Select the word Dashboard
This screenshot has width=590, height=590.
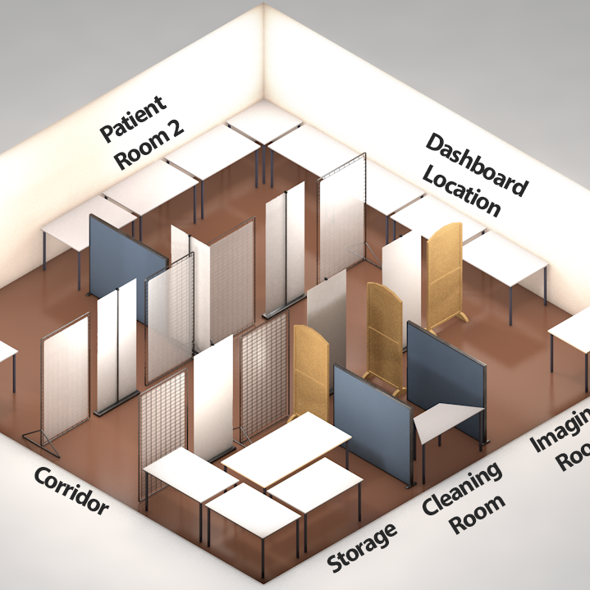click(475, 164)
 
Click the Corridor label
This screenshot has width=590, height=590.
click(71, 492)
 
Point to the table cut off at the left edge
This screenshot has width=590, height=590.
click(7, 353)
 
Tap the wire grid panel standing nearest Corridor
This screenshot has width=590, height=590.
click(66, 377)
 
